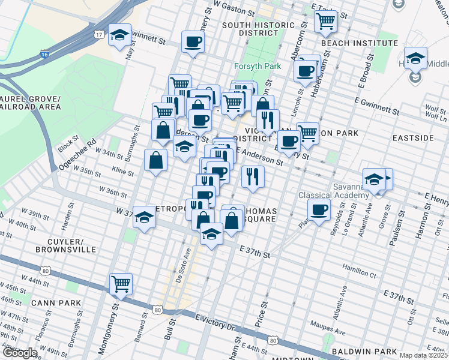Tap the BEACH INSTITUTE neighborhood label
(x=359, y=43)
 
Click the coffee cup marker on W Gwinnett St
(x=193, y=42)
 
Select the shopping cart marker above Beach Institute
(x=325, y=21)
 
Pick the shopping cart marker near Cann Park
(x=121, y=284)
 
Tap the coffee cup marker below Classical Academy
(x=319, y=210)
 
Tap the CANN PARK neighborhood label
(x=57, y=303)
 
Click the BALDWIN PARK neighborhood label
(x=366, y=351)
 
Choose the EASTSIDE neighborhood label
(x=412, y=138)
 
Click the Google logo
(x=20, y=352)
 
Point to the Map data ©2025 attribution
(x=424, y=355)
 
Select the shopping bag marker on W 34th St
(x=156, y=160)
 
